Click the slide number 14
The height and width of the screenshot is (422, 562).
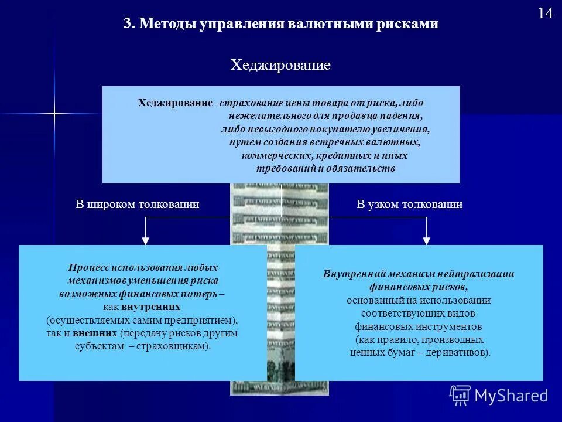coord(545,13)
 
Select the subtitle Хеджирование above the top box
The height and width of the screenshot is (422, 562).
coord(280,65)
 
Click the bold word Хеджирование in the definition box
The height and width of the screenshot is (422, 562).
coord(175,103)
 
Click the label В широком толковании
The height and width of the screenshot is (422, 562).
coord(138,205)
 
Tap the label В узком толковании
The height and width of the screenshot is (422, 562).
coord(410,205)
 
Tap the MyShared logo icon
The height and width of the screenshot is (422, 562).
coord(460,395)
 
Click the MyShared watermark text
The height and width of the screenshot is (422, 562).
coord(511,396)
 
